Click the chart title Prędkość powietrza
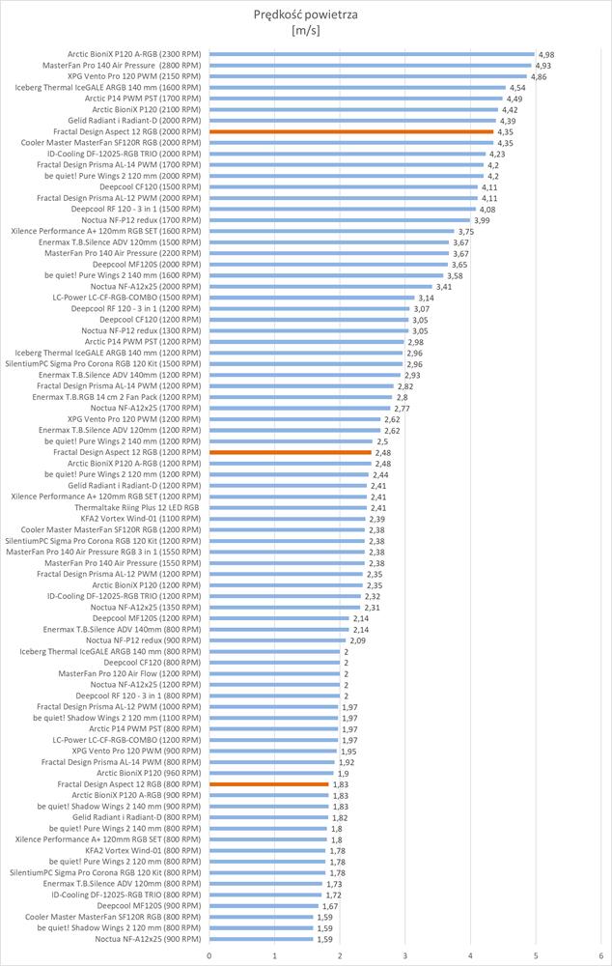coord(305,14)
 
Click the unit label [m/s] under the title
coord(305,30)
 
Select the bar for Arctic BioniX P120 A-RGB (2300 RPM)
coord(372,54)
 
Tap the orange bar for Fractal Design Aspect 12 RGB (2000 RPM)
coord(351,131)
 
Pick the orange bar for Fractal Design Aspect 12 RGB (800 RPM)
coord(269,783)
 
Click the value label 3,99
coord(482,220)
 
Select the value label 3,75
coord(466,232)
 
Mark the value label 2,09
coord(357,639)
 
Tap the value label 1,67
coord(330,905)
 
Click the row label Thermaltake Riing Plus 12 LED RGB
coord(137,507)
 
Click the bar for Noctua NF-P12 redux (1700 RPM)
coord(340,220)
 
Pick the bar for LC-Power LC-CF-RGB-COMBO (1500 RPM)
coord(312,298)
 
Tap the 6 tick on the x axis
coord(600,955)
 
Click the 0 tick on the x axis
coord(209,955)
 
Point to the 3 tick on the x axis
coord(405,955)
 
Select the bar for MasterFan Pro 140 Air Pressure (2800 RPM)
coord(370,65)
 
